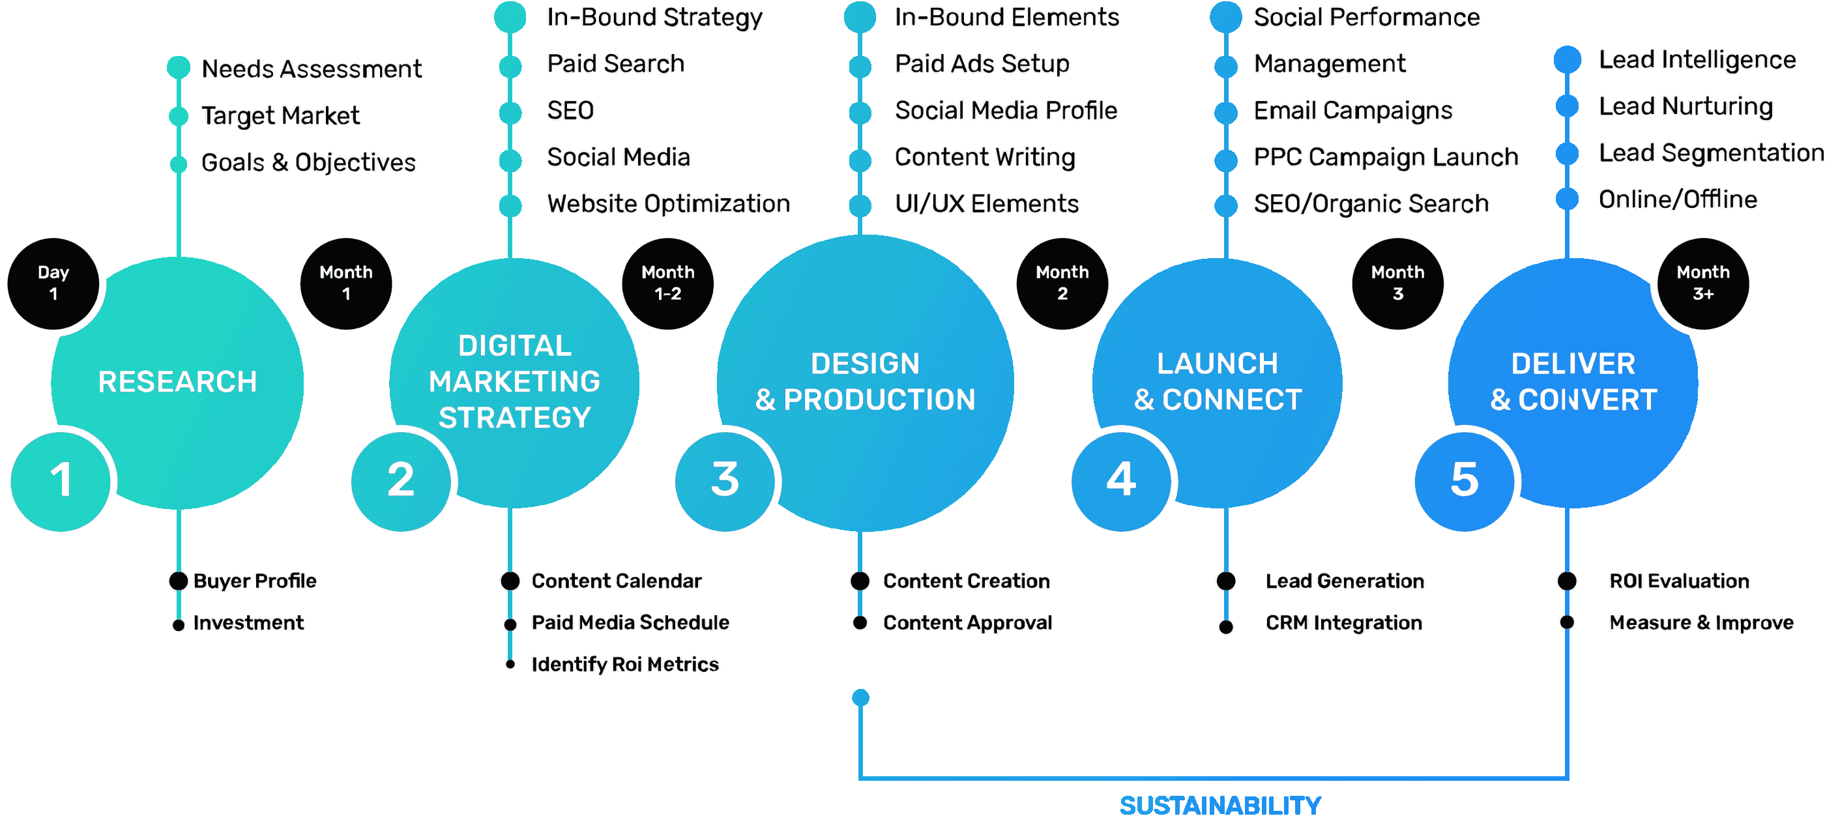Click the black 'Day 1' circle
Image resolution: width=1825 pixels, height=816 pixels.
pos(53,283)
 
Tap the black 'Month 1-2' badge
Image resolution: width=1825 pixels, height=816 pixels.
pos(667,283)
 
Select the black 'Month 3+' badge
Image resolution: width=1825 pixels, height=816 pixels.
pos(1702,283)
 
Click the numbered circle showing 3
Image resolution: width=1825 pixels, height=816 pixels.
pos(724,480)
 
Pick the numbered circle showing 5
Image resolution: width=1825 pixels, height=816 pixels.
pos(1464,480)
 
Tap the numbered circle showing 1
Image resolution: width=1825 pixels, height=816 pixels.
pos(61,480)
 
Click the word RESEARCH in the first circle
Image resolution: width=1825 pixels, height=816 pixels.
pos(177,382)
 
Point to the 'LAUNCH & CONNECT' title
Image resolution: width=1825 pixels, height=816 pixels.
pos(1218,382)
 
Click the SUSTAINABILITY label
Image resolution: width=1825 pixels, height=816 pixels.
pos(1220,805)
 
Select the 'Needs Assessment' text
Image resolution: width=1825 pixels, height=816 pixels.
pos(312,68)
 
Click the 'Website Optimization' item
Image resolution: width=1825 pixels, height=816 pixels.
pos(668,203)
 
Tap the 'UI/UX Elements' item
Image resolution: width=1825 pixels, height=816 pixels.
pos(986,203)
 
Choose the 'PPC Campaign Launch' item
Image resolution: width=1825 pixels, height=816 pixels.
pos(1386,156)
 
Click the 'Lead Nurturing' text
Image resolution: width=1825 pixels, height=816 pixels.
pos(1686,106)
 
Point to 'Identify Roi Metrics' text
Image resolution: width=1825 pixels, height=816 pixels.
pos(625,663)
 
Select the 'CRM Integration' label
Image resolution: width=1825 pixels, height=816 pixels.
pos(1344,622)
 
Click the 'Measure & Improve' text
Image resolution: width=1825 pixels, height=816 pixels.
pos(1701,622)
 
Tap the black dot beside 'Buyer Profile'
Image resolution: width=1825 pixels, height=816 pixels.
pos(179,581)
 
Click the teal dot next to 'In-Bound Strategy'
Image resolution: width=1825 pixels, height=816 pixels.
pos(510,17)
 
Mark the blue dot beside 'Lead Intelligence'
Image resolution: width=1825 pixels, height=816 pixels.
pos(1567,59)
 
